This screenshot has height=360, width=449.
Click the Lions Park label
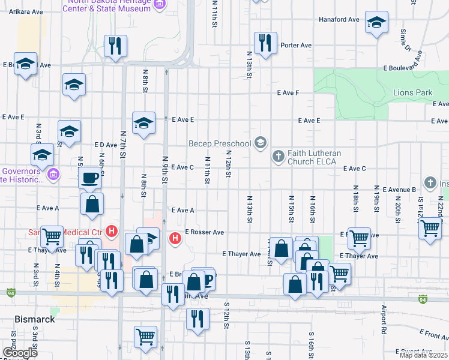point(412,93)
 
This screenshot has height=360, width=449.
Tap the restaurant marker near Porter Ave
point(265,43)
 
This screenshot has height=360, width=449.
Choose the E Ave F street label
point(288,93)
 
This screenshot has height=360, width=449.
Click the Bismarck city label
point(35,319)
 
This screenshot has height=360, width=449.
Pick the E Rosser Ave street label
point(204,232)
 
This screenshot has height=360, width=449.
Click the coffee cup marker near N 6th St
point(91,178)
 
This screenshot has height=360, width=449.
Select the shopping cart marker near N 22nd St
point(430,227)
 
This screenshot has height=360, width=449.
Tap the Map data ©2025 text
point(423,355)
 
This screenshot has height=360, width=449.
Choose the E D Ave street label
point(106,145)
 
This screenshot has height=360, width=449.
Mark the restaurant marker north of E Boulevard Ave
point(114,46)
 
